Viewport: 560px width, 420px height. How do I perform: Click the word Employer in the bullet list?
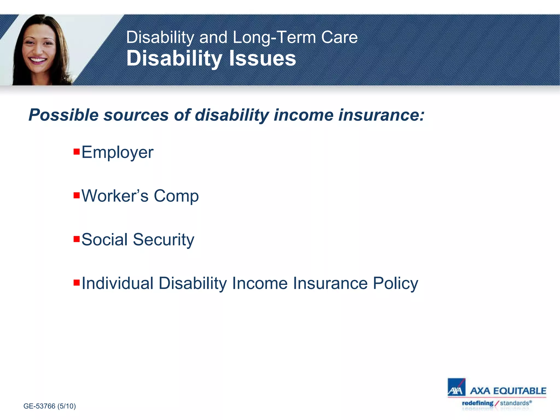coord(117,153)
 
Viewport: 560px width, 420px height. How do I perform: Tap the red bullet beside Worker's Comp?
coord(77,195)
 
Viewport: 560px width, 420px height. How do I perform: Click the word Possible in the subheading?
coord(63,115)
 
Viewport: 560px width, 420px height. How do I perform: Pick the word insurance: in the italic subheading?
coord(381,115)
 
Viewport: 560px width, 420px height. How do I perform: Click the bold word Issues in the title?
coord(262,59)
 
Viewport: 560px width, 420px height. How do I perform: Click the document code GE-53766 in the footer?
coord(39,406)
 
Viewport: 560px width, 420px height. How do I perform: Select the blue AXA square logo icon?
coord(456,387)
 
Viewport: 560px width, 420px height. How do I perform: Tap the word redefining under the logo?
coord(477,403)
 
